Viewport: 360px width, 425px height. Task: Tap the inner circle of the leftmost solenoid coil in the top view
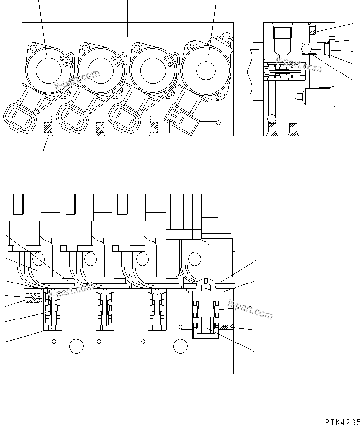pos(47,69)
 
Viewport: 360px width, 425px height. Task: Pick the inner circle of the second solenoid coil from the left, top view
pos(100,69)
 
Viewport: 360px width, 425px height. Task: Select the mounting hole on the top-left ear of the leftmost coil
pos(33,48)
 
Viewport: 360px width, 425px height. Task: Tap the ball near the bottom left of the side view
pos(270,118)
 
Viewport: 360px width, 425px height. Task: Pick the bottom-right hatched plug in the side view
pos(293,129)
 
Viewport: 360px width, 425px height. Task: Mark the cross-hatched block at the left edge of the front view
pos(34,298)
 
